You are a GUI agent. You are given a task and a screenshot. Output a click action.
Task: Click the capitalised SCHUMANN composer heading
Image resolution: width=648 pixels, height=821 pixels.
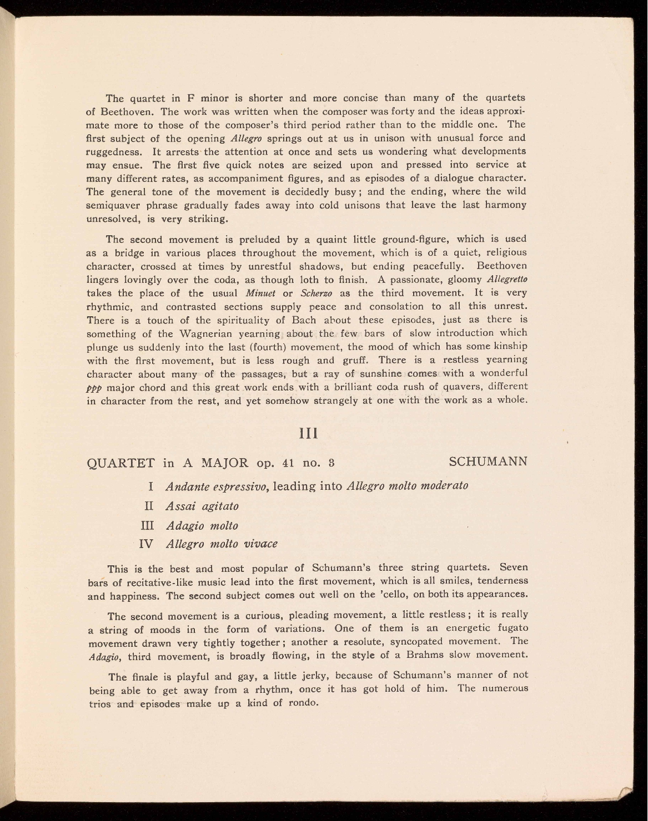click(488, 462)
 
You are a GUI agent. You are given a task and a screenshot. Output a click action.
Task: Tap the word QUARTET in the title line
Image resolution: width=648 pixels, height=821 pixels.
click(121, 463)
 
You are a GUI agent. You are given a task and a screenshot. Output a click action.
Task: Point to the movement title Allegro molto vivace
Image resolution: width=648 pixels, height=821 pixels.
click(222, 544)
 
